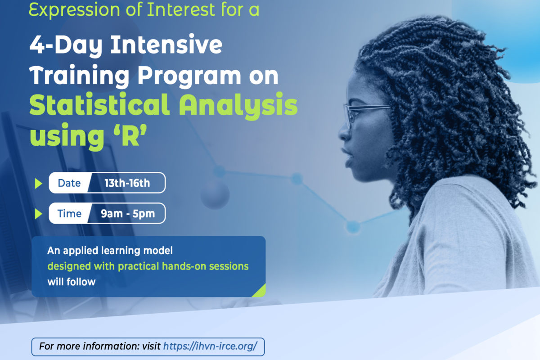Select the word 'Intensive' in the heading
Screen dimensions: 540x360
[x=166, y=45]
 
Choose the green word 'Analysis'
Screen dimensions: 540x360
[x=238, y=107]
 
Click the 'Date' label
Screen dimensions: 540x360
[x=69, y=183]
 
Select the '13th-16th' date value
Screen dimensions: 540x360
[x=127, y=183]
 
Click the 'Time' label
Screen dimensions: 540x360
[x=69, y=213]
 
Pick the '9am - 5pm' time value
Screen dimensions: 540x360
[x=128, y=214]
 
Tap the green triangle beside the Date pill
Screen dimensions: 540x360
[x=38, y=184]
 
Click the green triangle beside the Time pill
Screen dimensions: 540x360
[x=38, y=214]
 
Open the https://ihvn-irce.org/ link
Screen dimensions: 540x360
[x=210, y=346]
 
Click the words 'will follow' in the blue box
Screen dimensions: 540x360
[x=72, y=282]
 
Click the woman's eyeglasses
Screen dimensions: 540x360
[x=366, y=115]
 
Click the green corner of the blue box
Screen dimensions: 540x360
[x=261, y=292]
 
